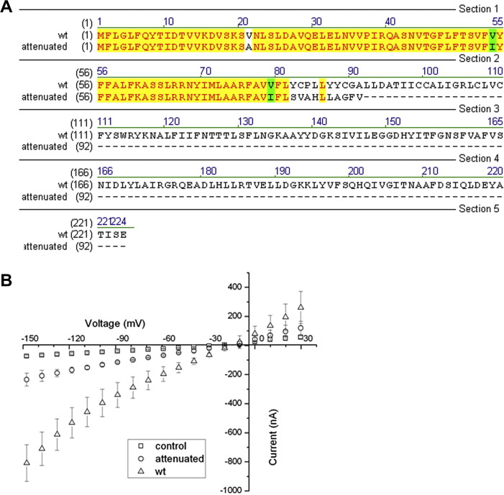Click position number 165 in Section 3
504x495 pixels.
click(x=495, y=121)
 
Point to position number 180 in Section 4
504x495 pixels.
click(x=208, y=171)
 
